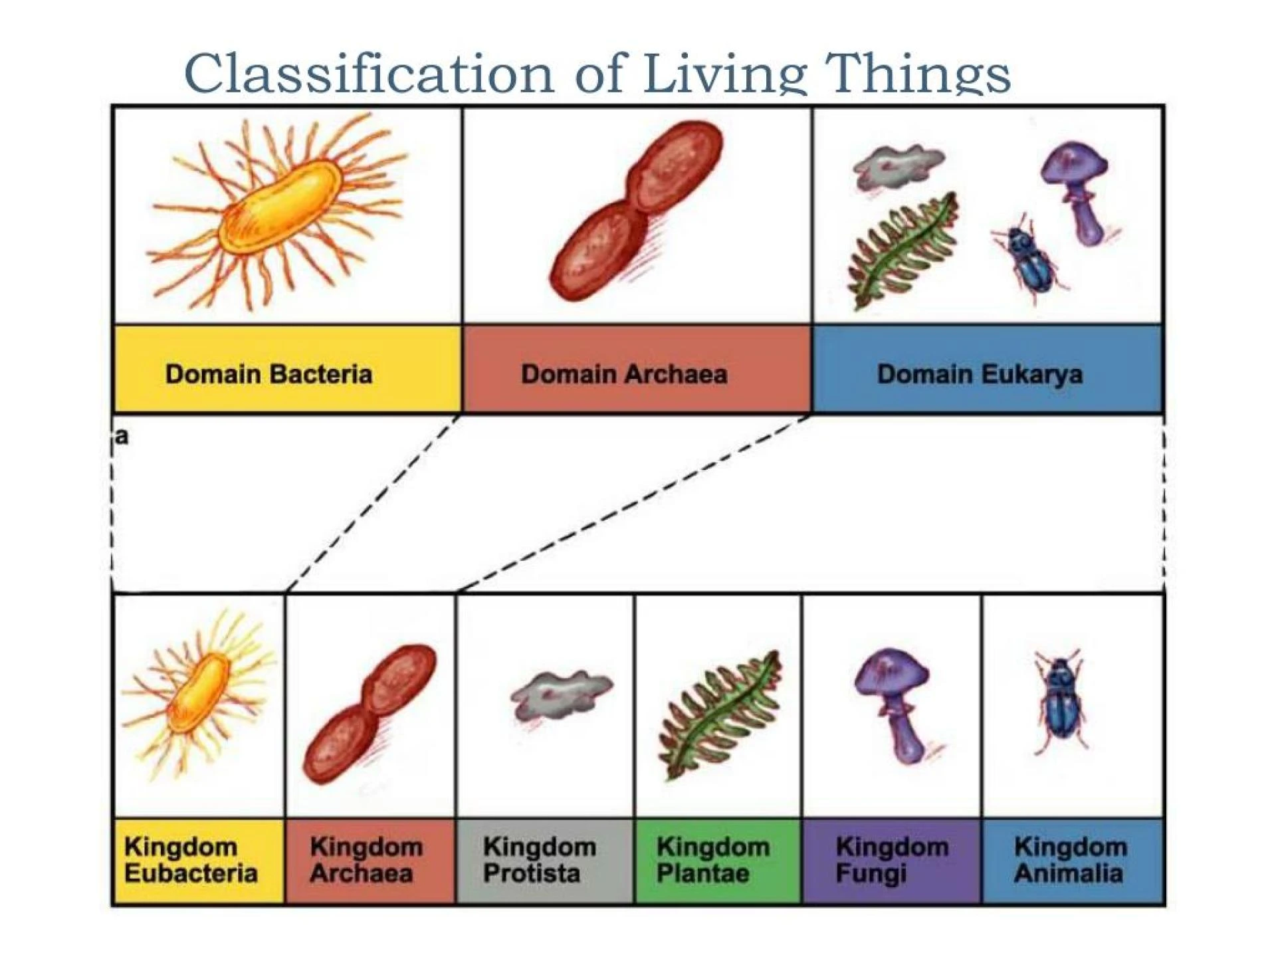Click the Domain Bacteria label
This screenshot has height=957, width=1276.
[268, 374]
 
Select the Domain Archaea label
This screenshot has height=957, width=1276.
[623, 374]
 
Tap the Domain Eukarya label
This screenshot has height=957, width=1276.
[980, 374]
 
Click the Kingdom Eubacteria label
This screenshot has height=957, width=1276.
[191, 860]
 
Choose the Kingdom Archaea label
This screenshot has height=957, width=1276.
[366, 860]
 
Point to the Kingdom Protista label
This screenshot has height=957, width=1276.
[539, 860]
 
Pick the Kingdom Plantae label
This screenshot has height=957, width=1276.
[712, 860]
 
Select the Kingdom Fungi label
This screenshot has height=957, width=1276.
[891, 860]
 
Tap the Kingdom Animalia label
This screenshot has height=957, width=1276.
[1070, 860]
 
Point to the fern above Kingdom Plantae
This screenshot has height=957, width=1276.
[720, 715]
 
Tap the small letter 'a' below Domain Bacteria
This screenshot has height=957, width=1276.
[121, 437]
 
